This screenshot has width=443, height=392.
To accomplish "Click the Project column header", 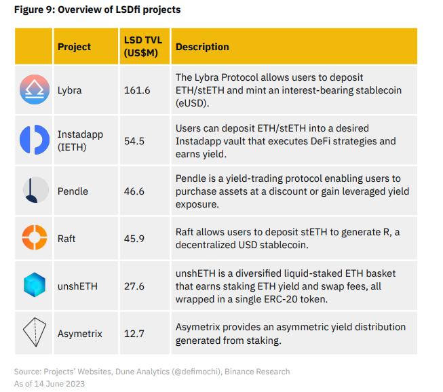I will point(74,47).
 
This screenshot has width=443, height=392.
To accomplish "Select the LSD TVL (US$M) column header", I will point(143,47).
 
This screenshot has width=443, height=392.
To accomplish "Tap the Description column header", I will point(202,47).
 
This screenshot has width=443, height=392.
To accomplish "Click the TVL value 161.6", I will point(137,90).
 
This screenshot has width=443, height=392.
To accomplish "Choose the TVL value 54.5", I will point(134,141).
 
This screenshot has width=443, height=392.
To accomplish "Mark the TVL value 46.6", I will point(134,192).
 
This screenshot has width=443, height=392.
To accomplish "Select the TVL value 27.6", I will point(134,286).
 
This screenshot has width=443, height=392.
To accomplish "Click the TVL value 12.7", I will point(134,334).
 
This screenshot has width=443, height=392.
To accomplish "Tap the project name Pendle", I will point(73,192).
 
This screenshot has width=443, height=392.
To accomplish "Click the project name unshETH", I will point(77,286).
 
